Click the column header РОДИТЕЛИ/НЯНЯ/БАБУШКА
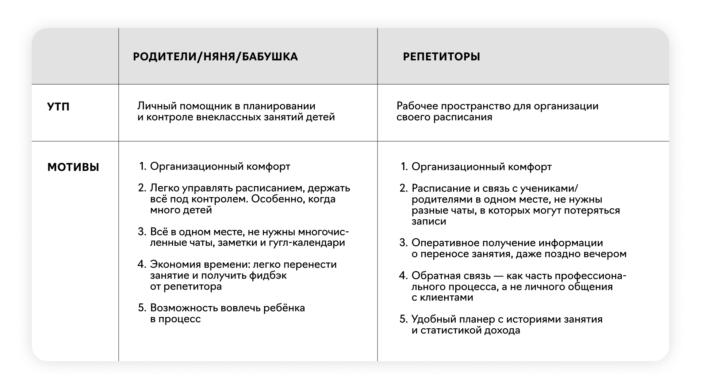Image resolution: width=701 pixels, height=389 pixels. pyautogui.click(x=215, y=57)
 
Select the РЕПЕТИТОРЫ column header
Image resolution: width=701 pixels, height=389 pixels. pyautogui.click(x=441, y=57)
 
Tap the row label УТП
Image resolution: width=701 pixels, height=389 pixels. pyautogui.click(x=58, y=107)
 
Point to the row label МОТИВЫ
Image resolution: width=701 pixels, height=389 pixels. pyautogui.click(x=73, y=167)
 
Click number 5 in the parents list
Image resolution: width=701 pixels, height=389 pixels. pyautogui.click(x=142, y=308)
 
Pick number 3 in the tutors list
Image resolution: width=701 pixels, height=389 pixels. pyautogui.click(x=403, y=243)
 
